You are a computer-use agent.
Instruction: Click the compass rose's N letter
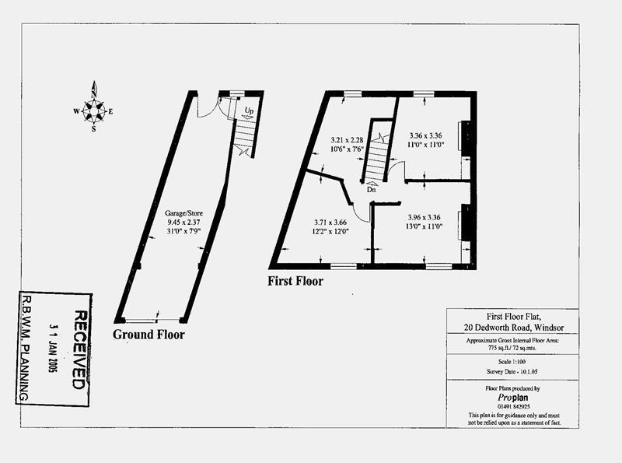click(x=94, y=94)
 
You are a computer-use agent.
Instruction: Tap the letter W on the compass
click(x=76, y=111)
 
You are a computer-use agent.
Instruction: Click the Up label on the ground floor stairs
click(x=249, y=110)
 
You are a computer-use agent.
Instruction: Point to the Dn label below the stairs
click(x=372, y=190)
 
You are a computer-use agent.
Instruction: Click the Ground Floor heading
click(x=149, y=335)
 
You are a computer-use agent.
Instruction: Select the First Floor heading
click(x=295, y=281)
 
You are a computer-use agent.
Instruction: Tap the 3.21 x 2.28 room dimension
click(x=347, y=140)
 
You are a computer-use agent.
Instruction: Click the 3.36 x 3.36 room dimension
click(x=425, y=135)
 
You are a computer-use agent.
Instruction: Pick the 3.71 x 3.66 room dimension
click(x=330, y=223)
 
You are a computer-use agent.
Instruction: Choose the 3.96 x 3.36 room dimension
click(x=424, y=217)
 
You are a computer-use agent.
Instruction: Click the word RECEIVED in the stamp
click(x=79, y=350)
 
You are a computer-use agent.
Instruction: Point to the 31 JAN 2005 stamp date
click(x=53, y=348)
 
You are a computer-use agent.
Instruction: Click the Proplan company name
click(x=513, y=398)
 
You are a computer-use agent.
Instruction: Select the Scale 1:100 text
click(x=512, y=362)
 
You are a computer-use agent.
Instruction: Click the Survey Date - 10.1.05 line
click(x=512, y=372)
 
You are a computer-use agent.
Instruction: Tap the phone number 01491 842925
click(x=513, y=407)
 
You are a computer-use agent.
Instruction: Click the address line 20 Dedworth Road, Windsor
click(x=514, y=328)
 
